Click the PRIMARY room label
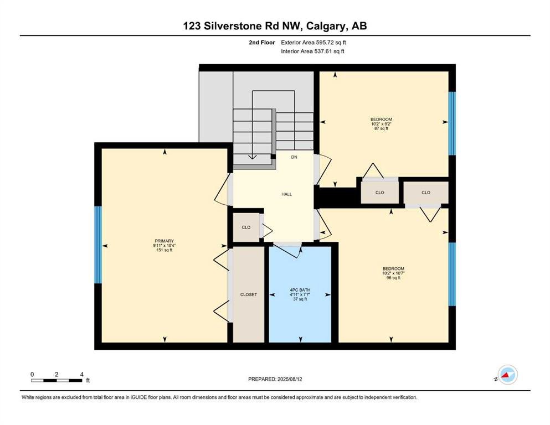(164, 241)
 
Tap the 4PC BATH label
(300, 290)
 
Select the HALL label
(286, 194)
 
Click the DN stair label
(294, 157)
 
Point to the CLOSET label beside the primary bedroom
(248, 294)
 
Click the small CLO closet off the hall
(246, 227)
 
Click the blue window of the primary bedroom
(98, 245)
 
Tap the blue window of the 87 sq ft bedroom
(452, 123)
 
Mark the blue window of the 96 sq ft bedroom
(452, 274)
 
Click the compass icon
(507, 375)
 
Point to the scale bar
(57, 380)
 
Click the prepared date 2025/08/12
(289, 379)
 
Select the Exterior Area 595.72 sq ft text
(313, 43)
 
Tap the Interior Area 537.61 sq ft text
(312, 51)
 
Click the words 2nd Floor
(261, 43)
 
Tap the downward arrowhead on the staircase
(252, 157)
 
